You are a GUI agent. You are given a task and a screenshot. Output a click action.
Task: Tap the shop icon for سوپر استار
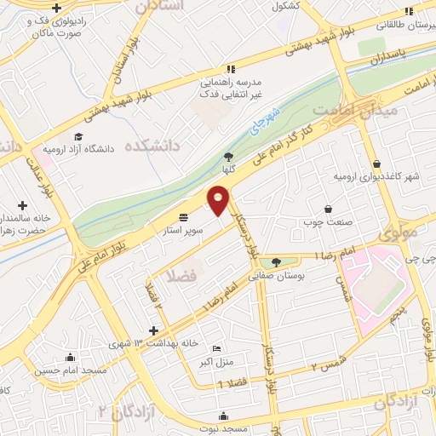[x=184, y=216]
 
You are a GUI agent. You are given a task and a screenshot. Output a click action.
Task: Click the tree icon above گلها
[x=228, y=156]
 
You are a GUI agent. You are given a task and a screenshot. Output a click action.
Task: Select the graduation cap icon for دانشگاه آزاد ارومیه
[x=78, y=136]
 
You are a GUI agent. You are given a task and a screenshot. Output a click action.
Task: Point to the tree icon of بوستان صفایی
[x=275, y=261]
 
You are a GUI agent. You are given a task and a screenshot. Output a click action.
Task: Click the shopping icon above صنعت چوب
[x=329, y=209]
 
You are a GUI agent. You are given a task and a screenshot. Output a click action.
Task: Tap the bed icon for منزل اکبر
[x=215, y=349]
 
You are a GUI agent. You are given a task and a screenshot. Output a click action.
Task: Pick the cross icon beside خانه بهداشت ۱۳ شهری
[x=153, y=330]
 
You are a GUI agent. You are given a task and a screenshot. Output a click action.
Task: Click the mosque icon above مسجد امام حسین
[x=70, y=358]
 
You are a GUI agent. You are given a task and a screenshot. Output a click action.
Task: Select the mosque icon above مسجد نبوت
[x=223, y=416]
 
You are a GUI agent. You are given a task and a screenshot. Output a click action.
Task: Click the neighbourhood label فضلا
[x=184, y=278]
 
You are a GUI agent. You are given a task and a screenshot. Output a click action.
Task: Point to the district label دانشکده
[x=152, y=146]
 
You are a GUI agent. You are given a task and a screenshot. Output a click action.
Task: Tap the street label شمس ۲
[x=324, y=364]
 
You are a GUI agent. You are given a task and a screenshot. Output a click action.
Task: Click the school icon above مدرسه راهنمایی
[x=230, y=69]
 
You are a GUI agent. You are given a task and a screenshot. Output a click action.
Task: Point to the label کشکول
[x=288, y=6]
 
